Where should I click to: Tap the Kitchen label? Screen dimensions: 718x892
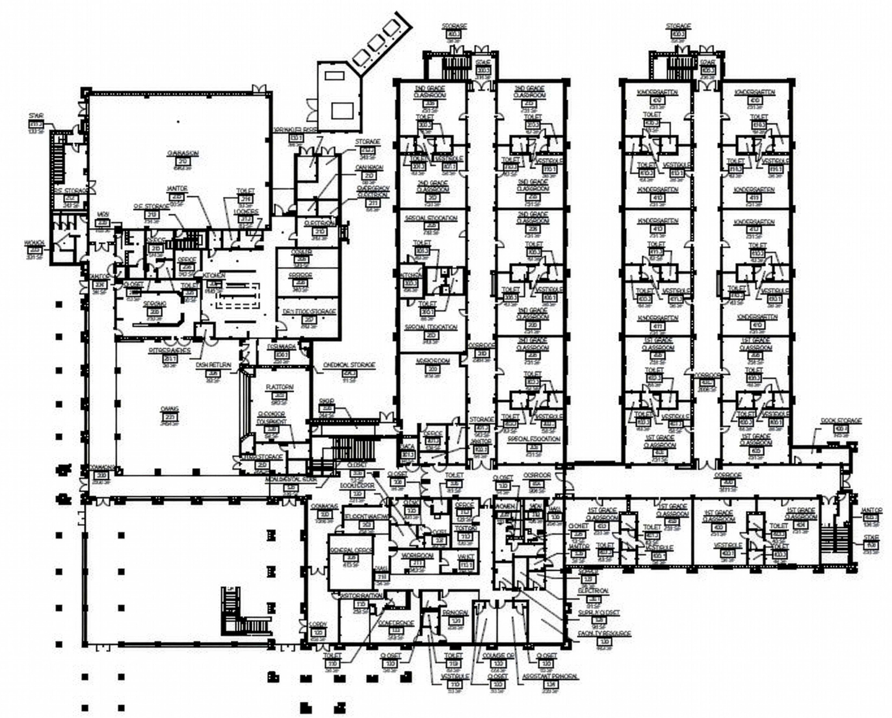click(x=214, y=275)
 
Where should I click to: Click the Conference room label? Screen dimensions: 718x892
click(x=396, y=623)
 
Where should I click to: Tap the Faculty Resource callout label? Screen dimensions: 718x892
click(x=604, y=633)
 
